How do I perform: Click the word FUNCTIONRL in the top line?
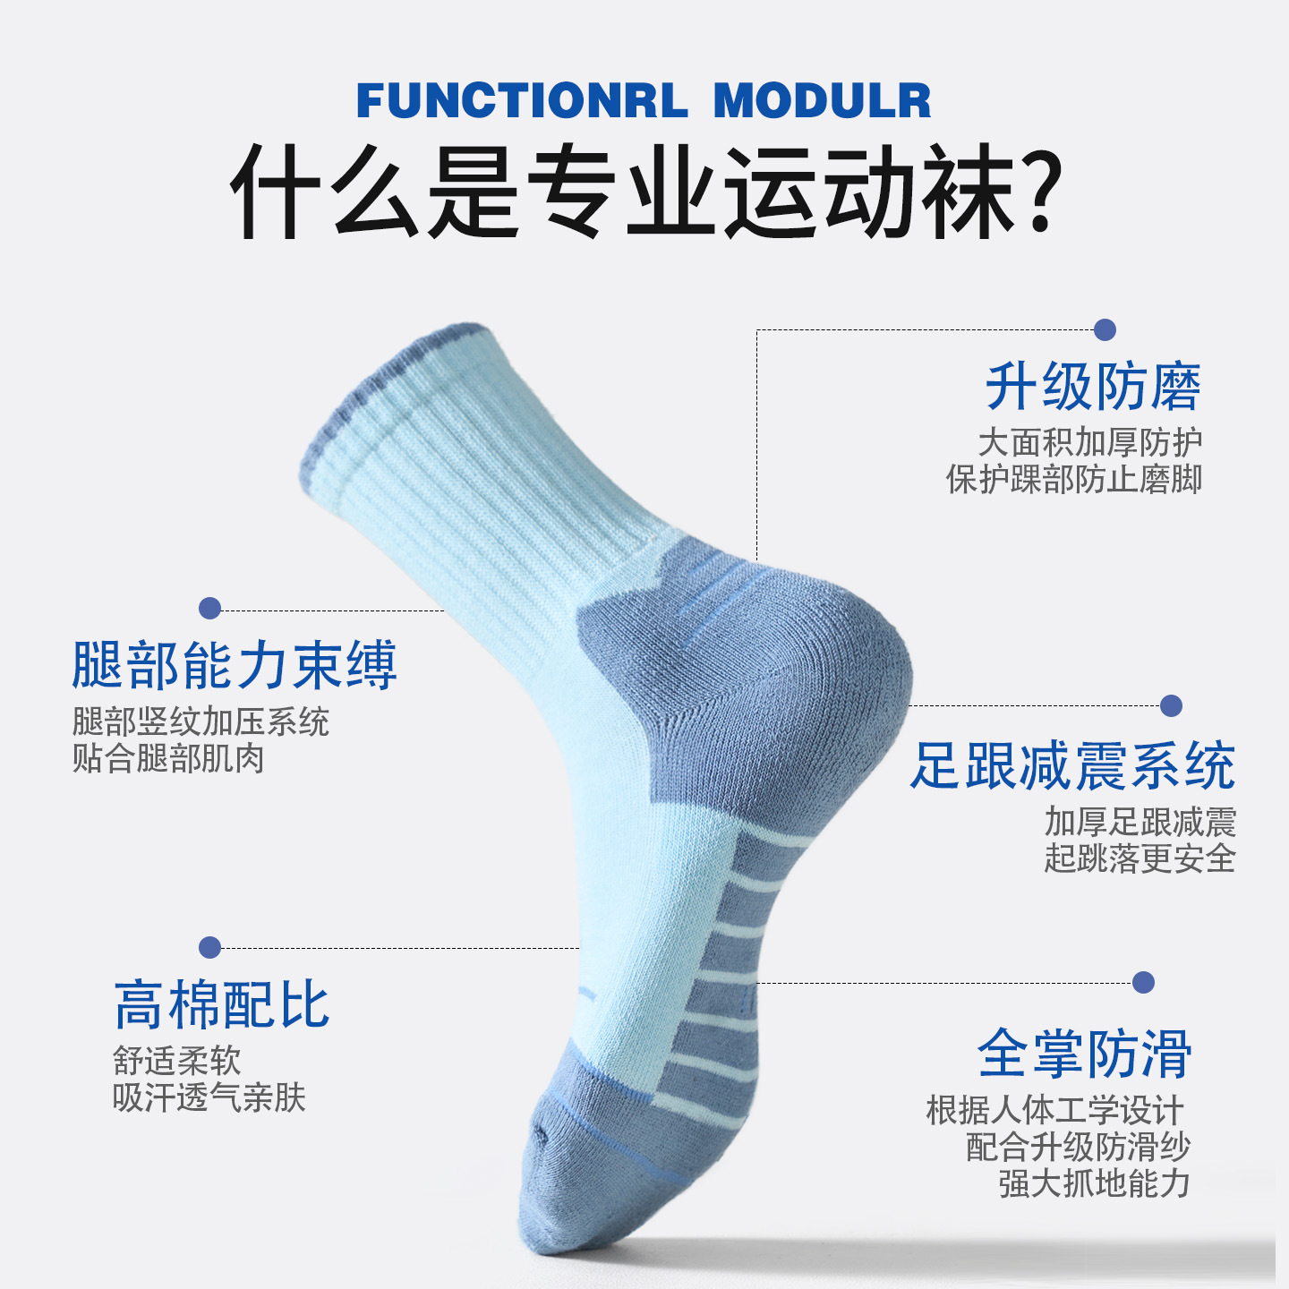[x=523, y=100]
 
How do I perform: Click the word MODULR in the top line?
[x=822, y=100]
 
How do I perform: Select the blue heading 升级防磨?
[x=1093, y=387]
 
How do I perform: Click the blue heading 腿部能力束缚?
[x=234, y=666]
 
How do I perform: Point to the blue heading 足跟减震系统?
[x=1072, y=766]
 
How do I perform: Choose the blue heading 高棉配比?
[x=222, y=1005]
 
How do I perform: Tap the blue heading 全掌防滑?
[x=1084, y=1054]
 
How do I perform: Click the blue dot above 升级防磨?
[x=1105, y=330]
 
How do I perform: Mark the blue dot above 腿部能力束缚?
[x=209, y=609]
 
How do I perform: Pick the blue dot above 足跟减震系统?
[x=1171, y=705]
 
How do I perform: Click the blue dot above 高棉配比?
[x=209, y=947]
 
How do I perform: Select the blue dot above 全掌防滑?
[x=1143, y=982]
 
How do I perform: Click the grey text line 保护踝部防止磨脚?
[x=1073, y=480]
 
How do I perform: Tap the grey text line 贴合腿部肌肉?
[x=168, y=759]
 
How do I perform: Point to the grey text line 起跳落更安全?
[x=1140, y=859]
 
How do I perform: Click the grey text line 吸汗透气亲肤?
[x=209, y=1098]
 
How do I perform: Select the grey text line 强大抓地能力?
[x=1094, y=1183]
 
